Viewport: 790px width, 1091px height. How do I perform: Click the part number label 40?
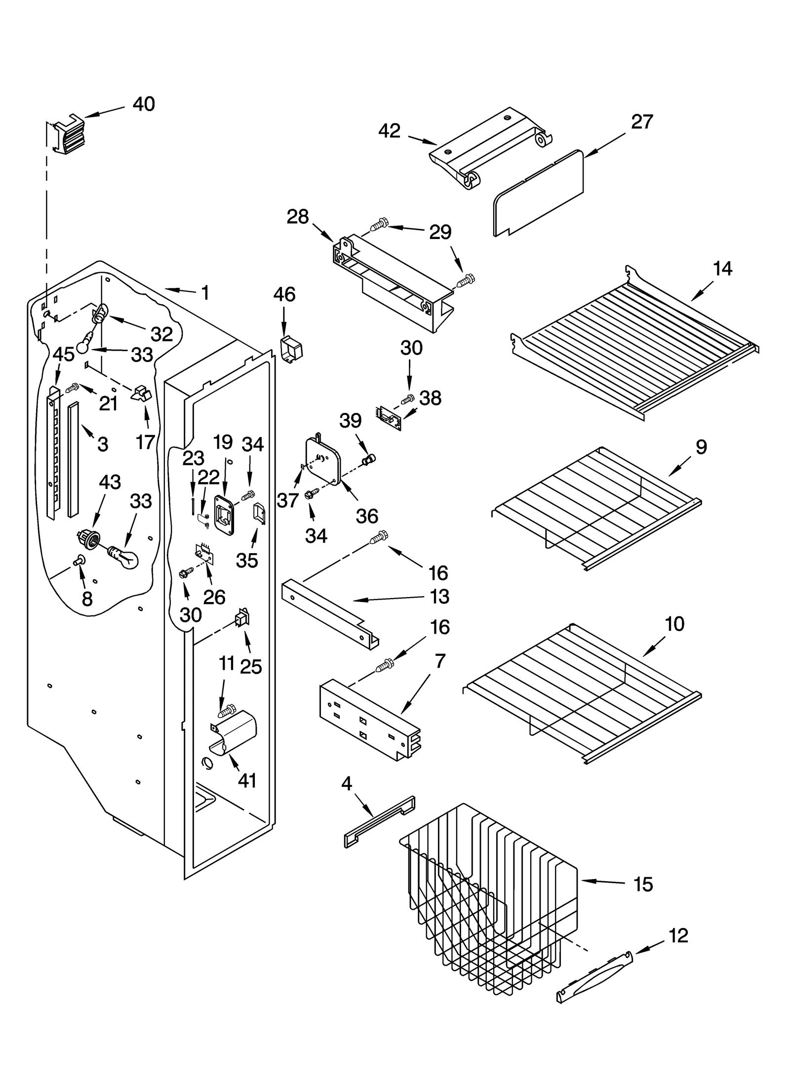[x=144, y=104]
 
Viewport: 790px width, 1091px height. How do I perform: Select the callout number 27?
[x=642, y=121]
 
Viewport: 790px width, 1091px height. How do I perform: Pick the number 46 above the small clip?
[x=284, y=294]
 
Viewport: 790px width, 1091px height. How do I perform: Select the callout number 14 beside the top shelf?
[x=722, y=269]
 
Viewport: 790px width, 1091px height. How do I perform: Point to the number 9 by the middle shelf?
[x=701, y=447]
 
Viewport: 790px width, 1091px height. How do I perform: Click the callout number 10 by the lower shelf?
[x=674, y=624]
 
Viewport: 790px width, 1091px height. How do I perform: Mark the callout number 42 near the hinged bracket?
[x=389, y=131]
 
